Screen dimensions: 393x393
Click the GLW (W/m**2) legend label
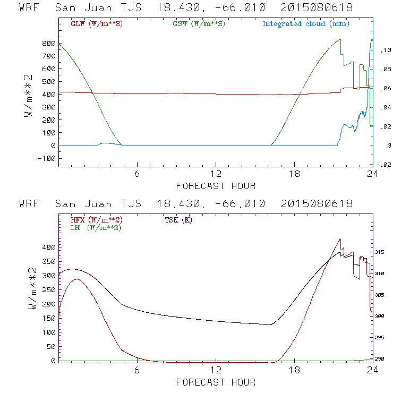tap(97, 24)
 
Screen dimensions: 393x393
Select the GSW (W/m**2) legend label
tap(199, 24)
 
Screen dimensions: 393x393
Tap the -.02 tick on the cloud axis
tap(383, 165)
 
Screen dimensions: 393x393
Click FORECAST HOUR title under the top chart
tap(216, 186)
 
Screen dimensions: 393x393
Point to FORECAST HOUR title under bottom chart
tap(216, 382)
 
